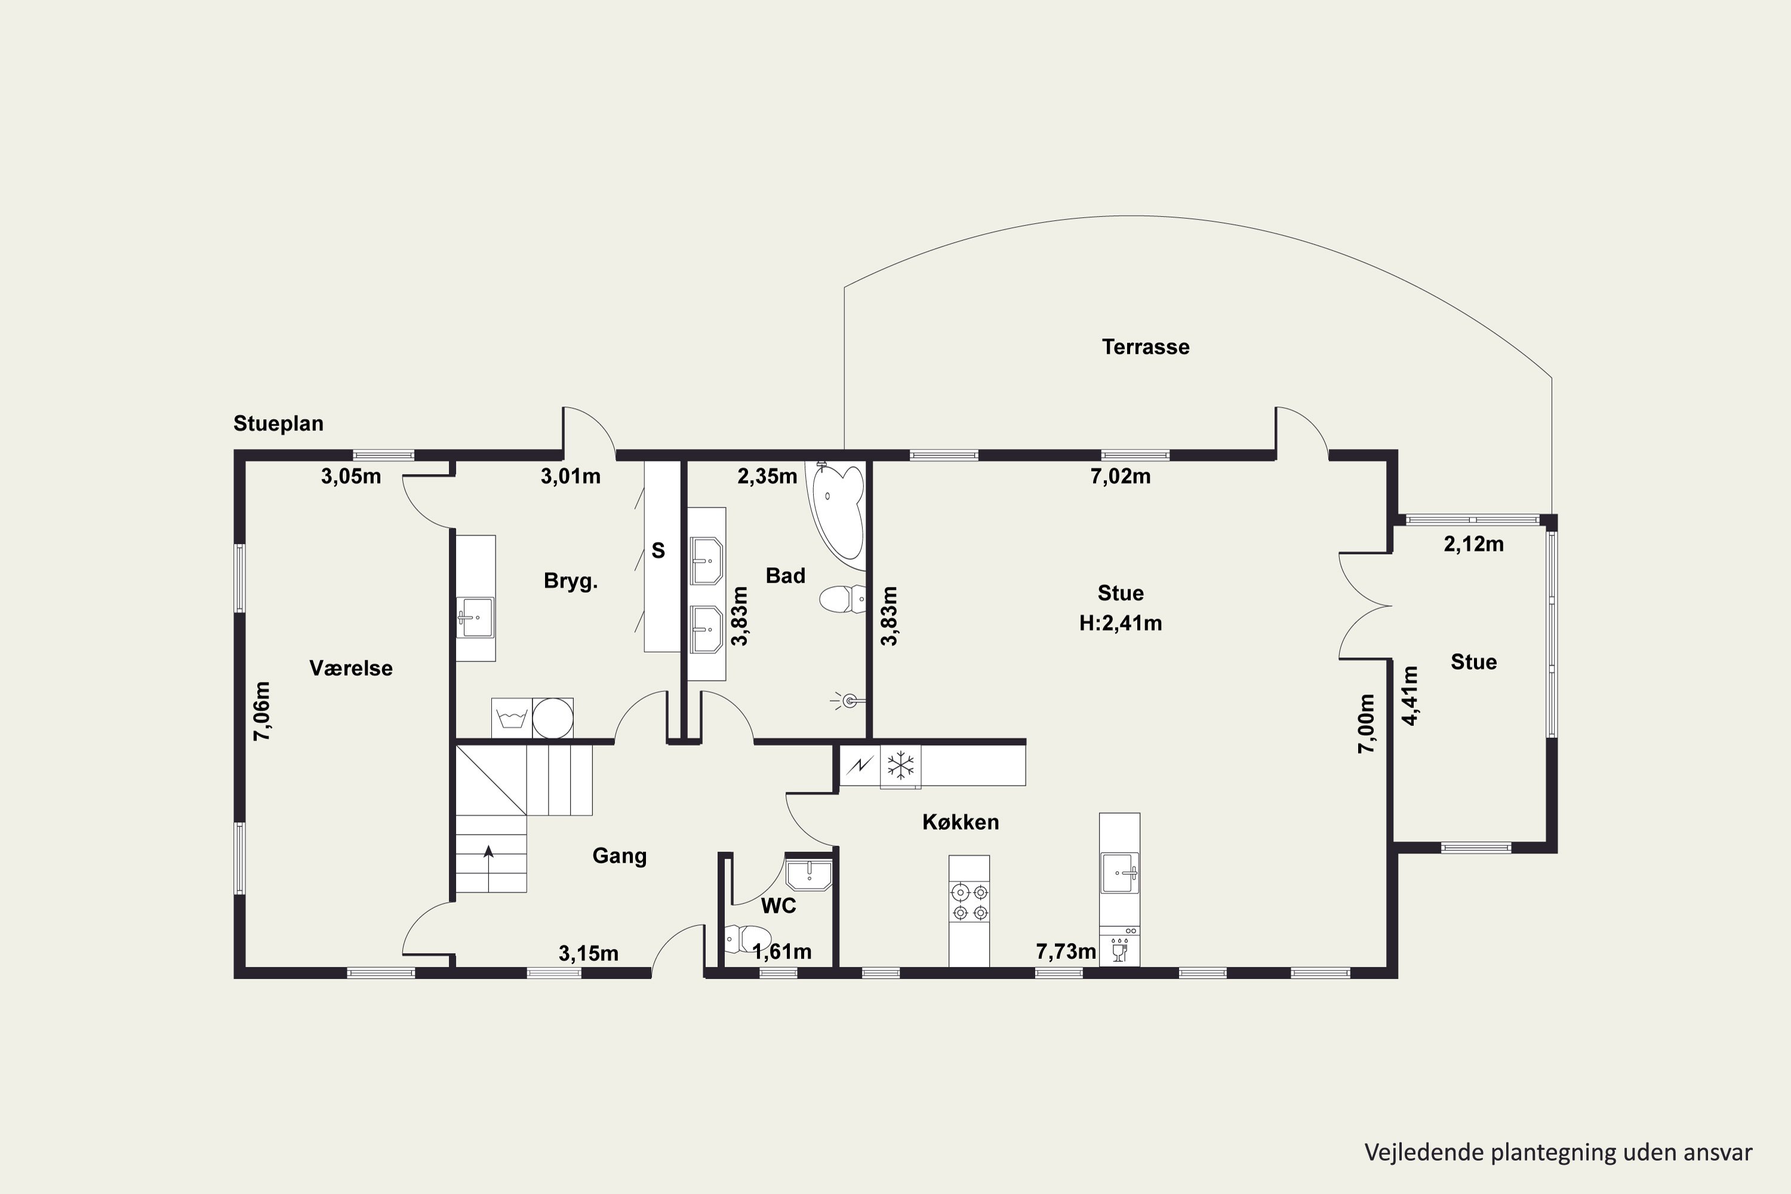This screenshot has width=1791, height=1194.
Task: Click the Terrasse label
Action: point(1145,347)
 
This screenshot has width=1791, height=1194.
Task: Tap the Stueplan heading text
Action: point(278,423)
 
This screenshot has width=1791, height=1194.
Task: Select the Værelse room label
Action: point(351,668)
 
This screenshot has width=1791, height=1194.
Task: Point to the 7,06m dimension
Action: point(261,711)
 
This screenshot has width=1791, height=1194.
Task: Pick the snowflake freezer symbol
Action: point(900,765)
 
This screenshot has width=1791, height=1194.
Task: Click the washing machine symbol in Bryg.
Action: point(512,718)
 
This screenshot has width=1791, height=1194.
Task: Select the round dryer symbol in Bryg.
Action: point(553,718)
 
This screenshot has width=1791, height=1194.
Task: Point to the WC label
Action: point(778,906)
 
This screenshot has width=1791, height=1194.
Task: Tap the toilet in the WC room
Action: point(746,939)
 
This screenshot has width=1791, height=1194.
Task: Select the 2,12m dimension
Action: point(1473,544)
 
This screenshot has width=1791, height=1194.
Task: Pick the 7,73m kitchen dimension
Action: point(1066,951)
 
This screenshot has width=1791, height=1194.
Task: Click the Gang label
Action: point(619,856)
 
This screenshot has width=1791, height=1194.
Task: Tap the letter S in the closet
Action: point(658,550)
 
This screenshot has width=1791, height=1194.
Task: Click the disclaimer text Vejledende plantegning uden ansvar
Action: point(1558,1152)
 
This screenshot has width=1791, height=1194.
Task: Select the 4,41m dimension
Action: point(1410,696)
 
